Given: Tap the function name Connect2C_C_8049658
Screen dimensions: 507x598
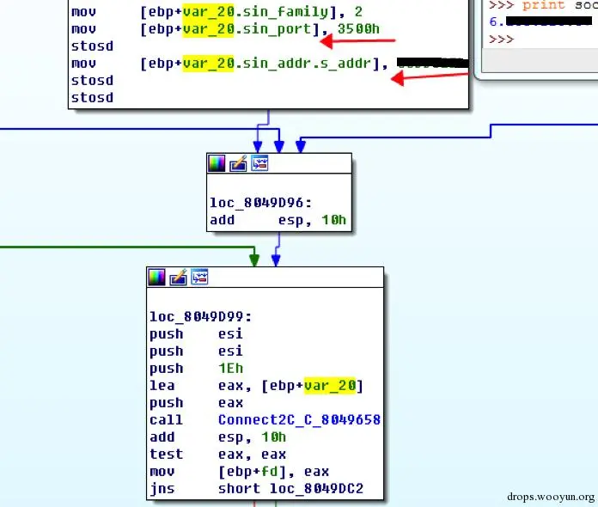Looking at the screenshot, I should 299,419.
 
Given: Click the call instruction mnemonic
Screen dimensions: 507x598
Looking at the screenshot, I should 166,419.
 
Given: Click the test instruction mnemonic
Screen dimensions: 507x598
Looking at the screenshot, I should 166,454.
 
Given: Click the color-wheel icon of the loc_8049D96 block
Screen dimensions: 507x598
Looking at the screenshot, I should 217,163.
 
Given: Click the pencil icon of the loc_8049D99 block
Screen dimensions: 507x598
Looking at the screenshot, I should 178,277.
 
